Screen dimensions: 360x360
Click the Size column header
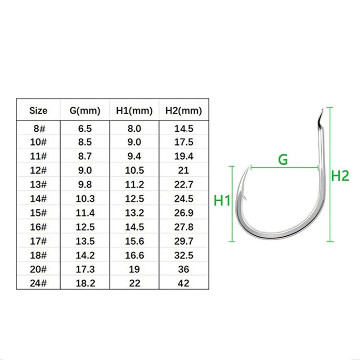pos(38,111)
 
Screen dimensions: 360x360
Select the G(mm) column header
pos(85,111)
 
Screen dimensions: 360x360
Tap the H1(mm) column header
pos(134,111)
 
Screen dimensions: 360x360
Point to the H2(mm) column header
pos(184,111)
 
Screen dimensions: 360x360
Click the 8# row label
pos(39,129)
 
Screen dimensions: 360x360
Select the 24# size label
pos(38,283)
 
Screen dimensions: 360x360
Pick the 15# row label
pos(38,213)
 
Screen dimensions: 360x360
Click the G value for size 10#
pos(85,142)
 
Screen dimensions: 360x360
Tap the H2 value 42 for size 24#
pos(184,283)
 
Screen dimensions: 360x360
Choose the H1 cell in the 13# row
pos(134,184)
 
